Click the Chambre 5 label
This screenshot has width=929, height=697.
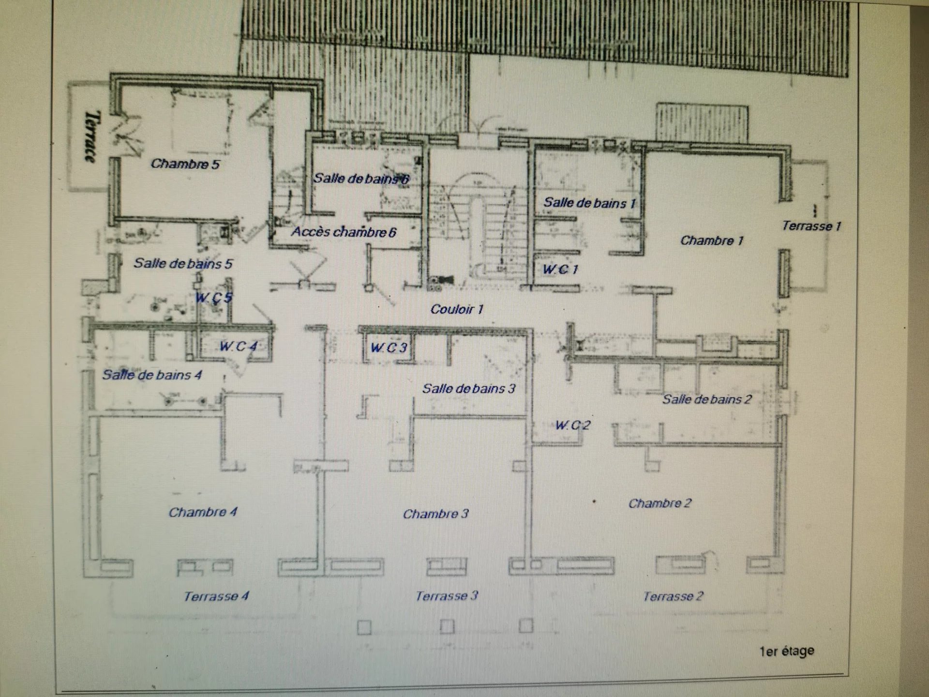pos(185,164)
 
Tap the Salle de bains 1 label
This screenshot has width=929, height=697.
pos(589,203)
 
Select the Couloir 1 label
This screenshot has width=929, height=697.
pos(457,309)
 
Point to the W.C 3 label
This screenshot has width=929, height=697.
pos(389,347)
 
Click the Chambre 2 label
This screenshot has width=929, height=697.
pos(660,503)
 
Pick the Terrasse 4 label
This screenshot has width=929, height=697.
pos(216,596)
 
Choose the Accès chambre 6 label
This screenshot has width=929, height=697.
pos(344,232)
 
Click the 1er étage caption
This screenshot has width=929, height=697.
pos(787,652)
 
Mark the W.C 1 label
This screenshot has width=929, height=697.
pos(560,269)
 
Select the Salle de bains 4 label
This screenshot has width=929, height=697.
pos(152,375)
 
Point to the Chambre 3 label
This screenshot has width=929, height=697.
pos(435,514)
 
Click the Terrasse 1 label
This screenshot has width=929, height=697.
pos(811,226)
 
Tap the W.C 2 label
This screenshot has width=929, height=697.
pos(573,425)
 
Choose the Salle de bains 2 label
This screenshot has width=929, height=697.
pos(707,399)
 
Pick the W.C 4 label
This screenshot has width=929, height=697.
pos(238,346)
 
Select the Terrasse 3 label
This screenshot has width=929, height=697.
pos(447,596)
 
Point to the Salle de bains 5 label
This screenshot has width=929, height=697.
pos(183,263)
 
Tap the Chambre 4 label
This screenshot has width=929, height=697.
pos(203,512)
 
